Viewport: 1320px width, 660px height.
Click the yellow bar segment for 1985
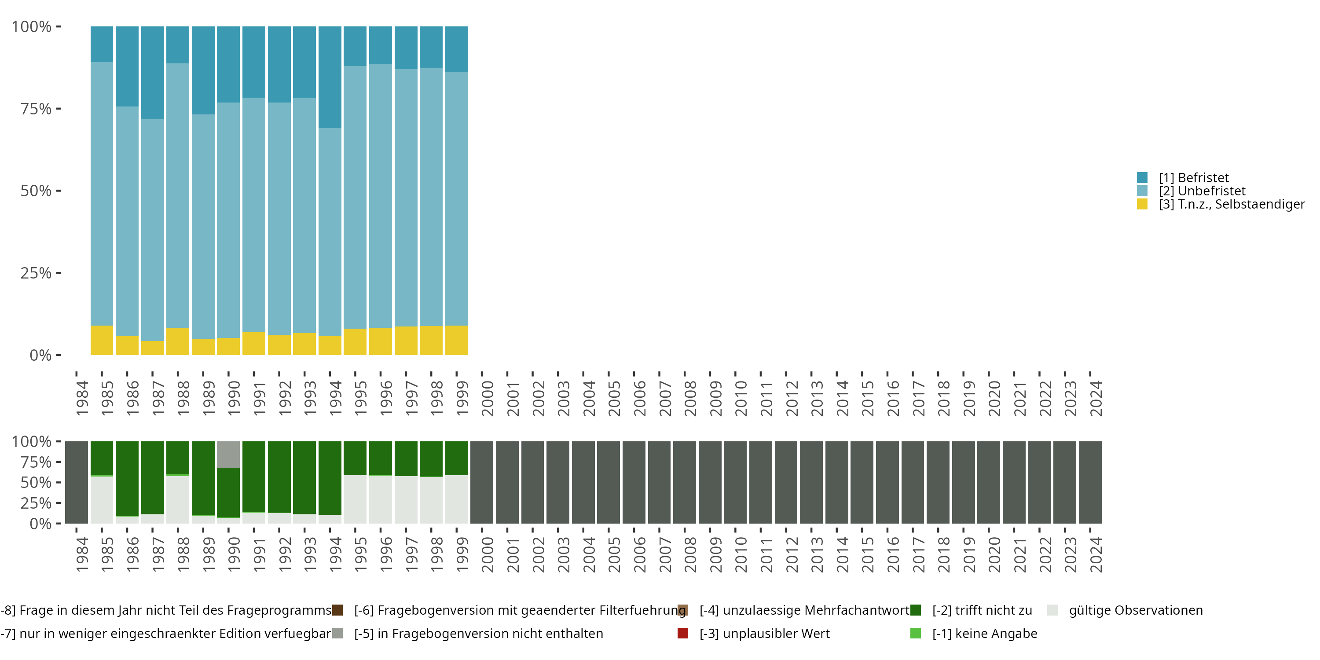[102, 340]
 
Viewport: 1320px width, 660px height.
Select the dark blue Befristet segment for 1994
[330, 77]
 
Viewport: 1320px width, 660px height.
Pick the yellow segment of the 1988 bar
[177, 341]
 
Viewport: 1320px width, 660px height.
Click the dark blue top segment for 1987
[152, 73]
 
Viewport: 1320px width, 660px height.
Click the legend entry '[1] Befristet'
[1193, 178]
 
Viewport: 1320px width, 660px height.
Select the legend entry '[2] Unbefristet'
[1202, 191]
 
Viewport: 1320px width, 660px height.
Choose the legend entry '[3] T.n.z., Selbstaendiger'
[1232, 205]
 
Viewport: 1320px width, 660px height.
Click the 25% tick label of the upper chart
[36, 273]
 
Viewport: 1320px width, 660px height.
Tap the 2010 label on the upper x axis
[741, 398]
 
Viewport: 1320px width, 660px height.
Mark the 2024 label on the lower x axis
[1096, 554]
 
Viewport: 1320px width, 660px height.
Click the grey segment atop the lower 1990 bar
[228, 454]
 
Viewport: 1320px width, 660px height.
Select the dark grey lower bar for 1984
[77, 482]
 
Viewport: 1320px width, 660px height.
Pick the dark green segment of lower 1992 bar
[279, 477]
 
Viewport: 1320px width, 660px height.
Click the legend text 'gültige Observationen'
[1135, 610]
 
